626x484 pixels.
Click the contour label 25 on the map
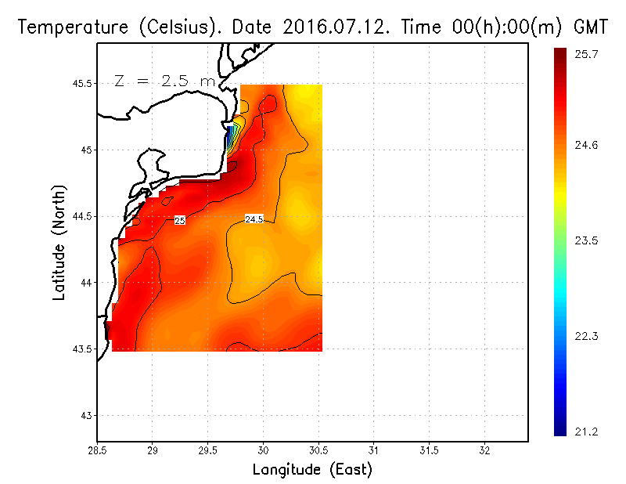click(x=179, y=222)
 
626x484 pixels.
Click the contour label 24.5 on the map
click(x=254, y=219)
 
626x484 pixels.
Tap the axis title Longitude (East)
click(x=312, y=469)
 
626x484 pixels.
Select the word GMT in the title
click(x=592, y=27)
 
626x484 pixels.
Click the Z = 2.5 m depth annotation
click(x=164, y=81)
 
